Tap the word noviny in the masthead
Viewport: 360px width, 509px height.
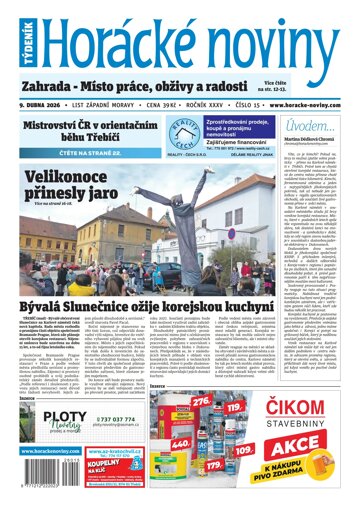pos(260,37)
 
